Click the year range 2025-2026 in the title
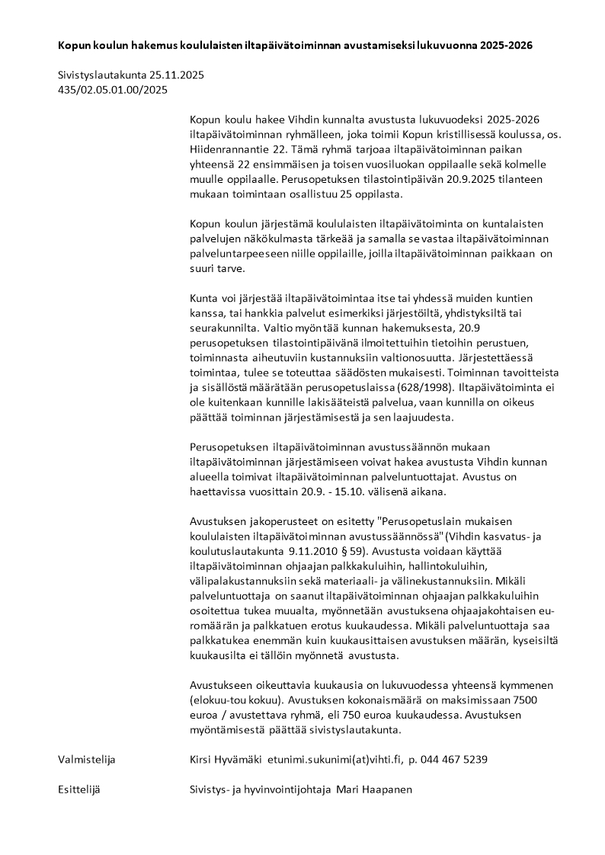[x=506, y=46]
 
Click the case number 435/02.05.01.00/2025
[x=113, y=90]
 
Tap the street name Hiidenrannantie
[x=225, y=149]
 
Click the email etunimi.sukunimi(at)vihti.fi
[x=334, y=760]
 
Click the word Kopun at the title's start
[x=73, y=46]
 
